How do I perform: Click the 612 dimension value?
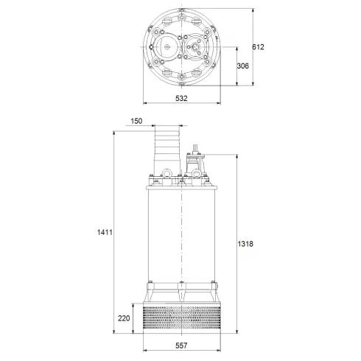click(257, 47)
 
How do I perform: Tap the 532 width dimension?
click(181, 98)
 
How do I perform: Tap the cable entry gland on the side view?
click(195, 159)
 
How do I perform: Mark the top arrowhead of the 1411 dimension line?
click(113, 133)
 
